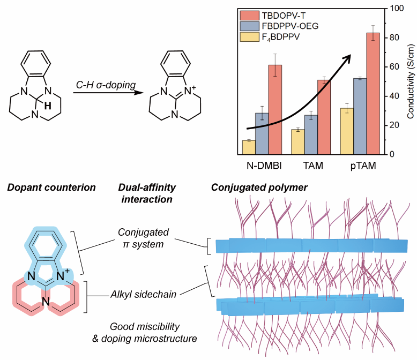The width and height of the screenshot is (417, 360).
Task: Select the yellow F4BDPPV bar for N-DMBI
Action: pyautogui.click(x=248, y=147)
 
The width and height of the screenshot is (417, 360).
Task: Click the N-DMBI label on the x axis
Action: pyautogui.click(x=262, y=166)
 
